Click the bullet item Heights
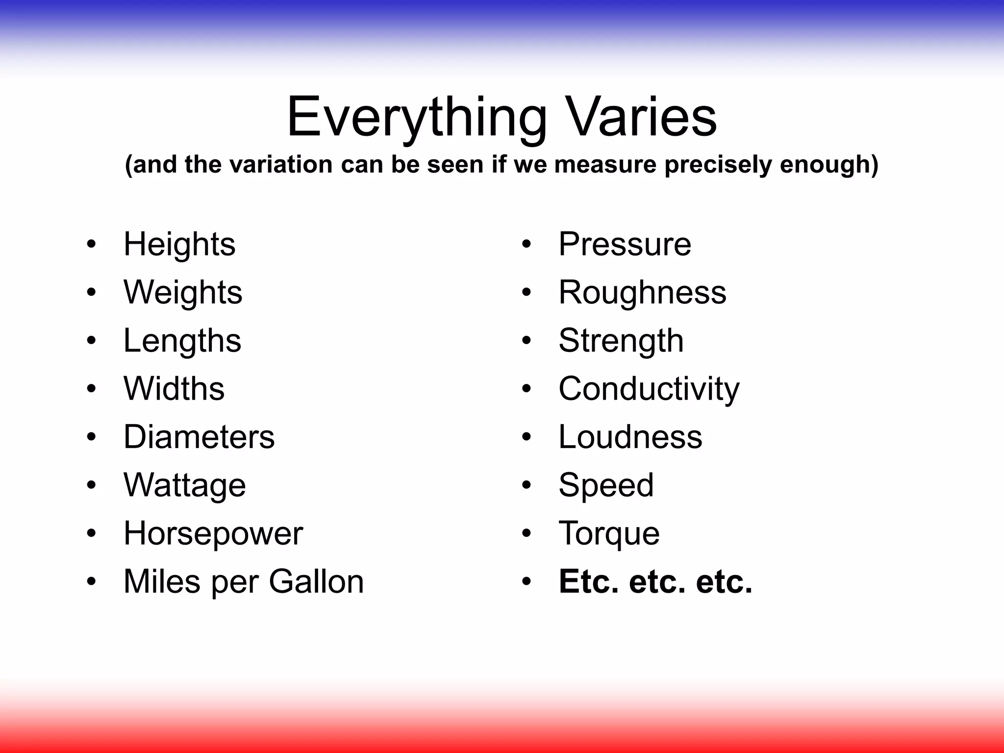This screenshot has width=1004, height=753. [179, 245]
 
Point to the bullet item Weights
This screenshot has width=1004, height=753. [183, 293]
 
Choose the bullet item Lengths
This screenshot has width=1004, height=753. [182, 341]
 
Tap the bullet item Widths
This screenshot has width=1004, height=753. [174, 389]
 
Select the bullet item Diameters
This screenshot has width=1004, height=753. [199, 437]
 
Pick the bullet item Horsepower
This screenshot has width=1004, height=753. [213, 533]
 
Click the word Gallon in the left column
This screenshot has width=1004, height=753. [316, 581]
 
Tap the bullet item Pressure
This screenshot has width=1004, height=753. [625, 244]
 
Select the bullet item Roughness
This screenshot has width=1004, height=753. [642, 293]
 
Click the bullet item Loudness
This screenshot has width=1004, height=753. [630, 437]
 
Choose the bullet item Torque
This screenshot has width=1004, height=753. [609, 533]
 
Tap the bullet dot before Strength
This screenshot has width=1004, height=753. [527, 341]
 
